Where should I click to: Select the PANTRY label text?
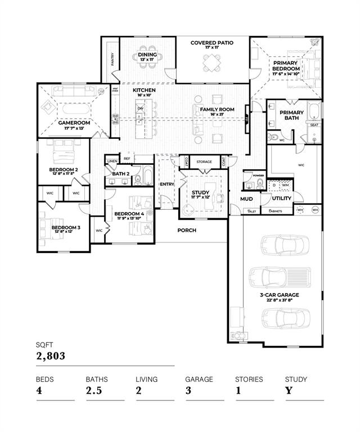click(112, 60)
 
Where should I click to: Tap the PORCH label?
click(187, 230)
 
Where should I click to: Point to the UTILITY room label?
click(281, 199)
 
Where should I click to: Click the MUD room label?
click(246, 199)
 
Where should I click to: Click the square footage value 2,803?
click(51, 355)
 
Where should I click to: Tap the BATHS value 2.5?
click(94, 390)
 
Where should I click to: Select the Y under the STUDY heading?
click(288, 390)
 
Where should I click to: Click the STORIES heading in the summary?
click(249, 379)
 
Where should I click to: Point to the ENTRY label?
click(167, 184)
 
